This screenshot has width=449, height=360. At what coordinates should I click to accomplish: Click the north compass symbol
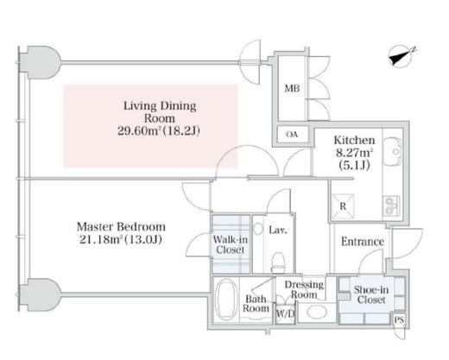[401, 57]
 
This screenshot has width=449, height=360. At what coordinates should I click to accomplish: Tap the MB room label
[292, 88]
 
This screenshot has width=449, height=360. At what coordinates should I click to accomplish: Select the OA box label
[292, 135]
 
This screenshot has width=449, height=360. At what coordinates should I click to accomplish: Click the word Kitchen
[354, 140]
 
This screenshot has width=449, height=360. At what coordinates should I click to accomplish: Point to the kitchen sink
[392, 152]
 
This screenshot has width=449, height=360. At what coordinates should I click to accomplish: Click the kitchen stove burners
[391, 205]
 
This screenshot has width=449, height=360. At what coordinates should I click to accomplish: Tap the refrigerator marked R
[343, 206]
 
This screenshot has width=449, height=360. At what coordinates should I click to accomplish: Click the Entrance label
[363, 242]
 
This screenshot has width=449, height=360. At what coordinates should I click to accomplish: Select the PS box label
[399, 319]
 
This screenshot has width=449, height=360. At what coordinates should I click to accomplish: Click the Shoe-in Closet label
[371, 294]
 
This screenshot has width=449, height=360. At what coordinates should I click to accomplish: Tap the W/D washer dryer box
[285, 313]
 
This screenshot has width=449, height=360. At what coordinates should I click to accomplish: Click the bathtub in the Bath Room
[226, 299]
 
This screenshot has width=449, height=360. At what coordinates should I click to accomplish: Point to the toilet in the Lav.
[278, 262]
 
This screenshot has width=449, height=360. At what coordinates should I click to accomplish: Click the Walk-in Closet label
[231, 244]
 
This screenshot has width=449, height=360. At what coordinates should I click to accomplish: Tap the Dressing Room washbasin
[317, 313]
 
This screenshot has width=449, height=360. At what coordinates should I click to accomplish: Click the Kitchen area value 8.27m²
[354, 153]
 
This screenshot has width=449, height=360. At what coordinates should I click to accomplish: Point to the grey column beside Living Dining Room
[41, 62]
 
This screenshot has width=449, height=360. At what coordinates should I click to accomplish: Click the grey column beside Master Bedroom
[41, 294]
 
